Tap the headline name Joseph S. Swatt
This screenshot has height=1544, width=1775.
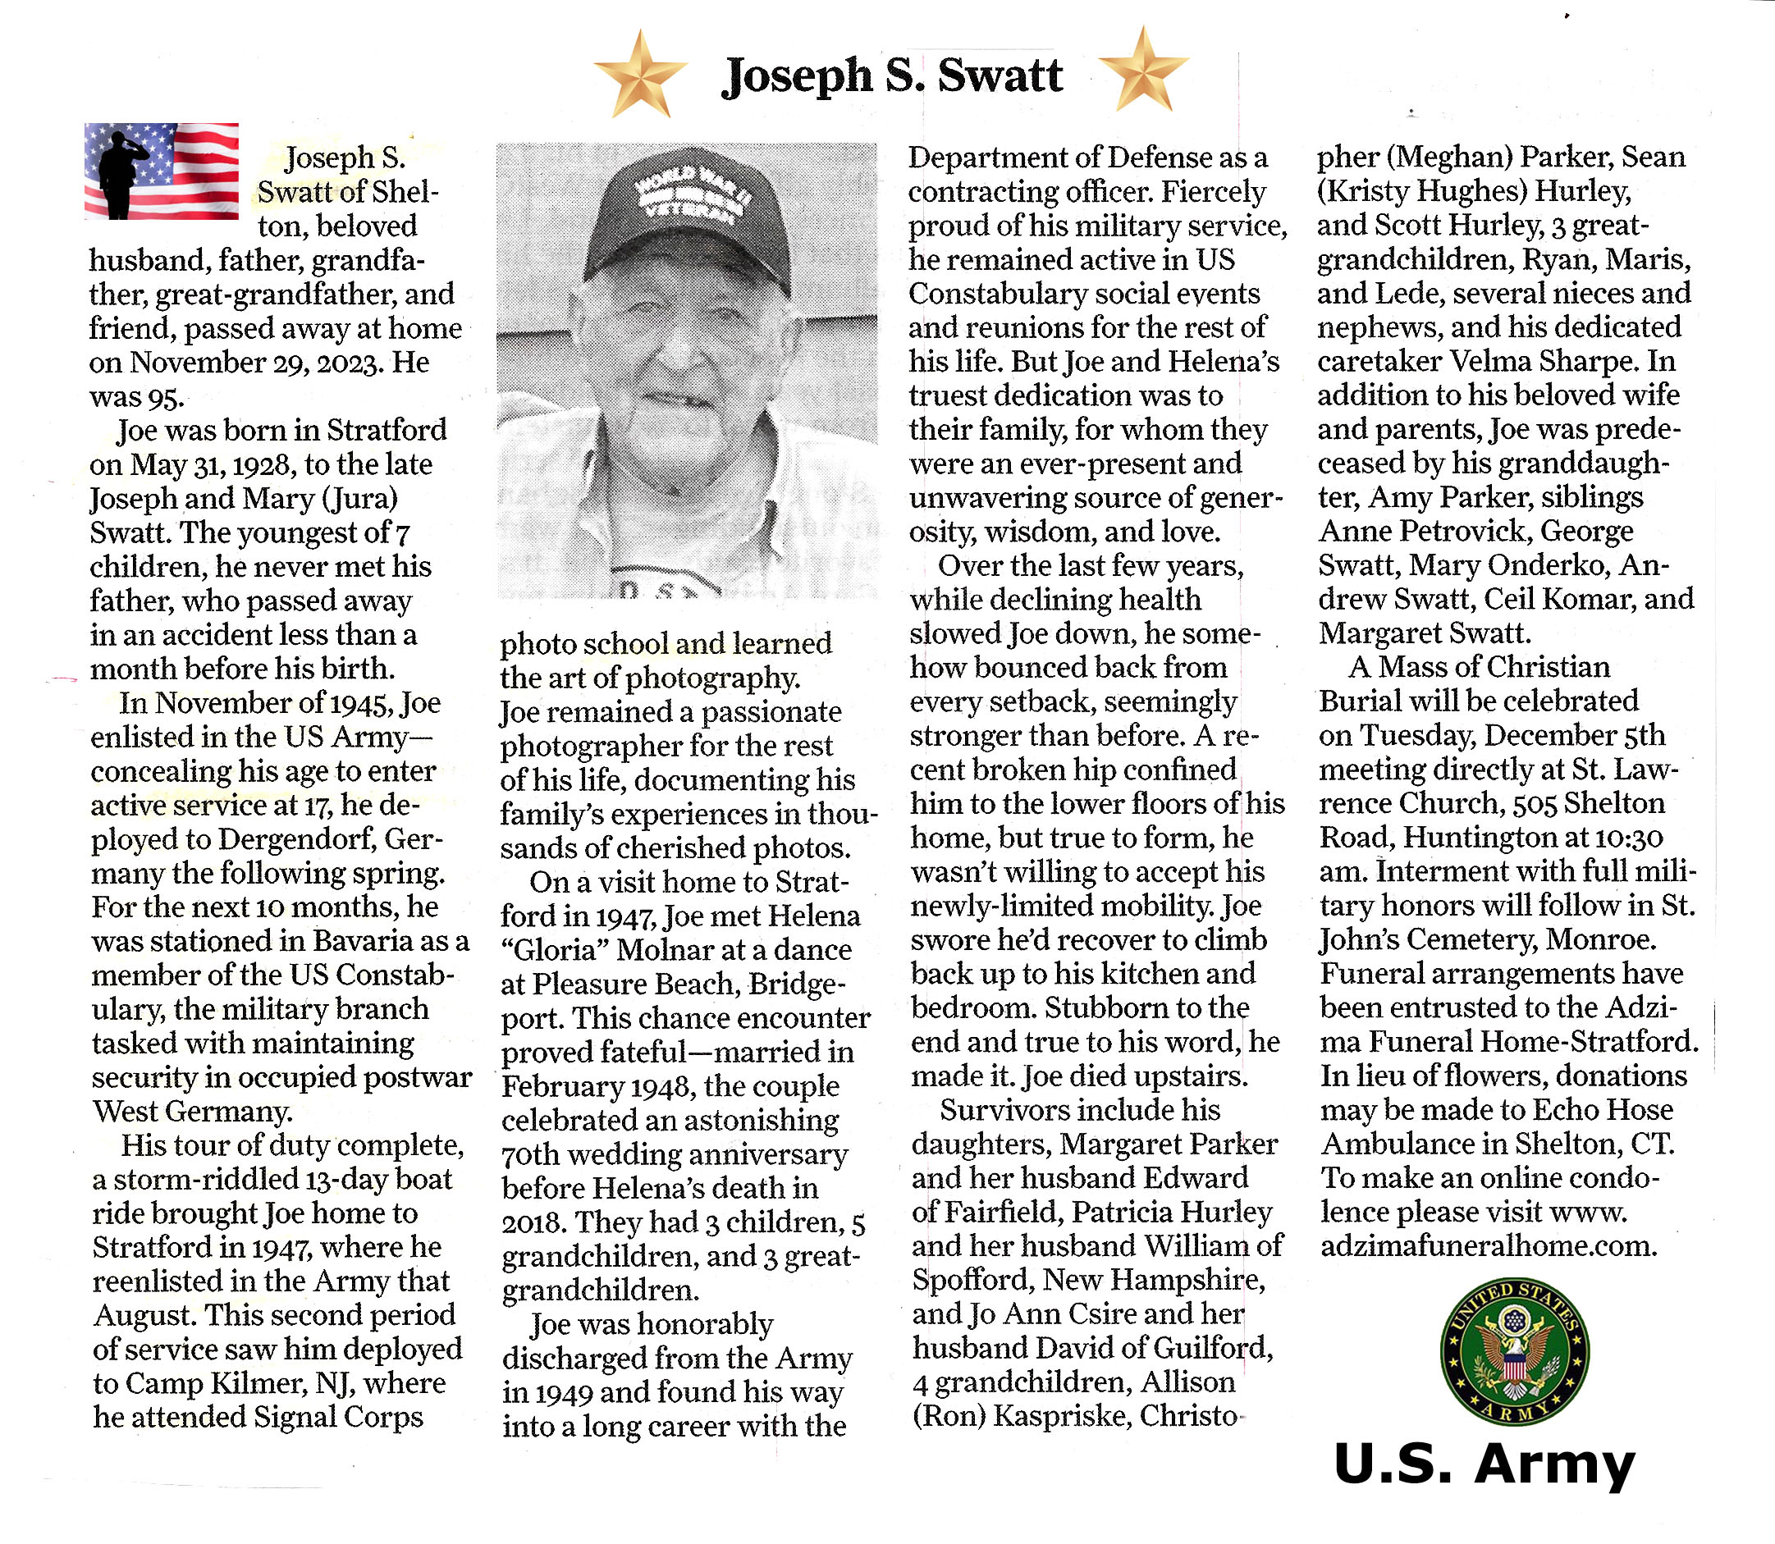(892, 75)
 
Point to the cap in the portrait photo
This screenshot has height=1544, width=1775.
(687, 219)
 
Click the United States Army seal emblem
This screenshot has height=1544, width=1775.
(1515, 1351)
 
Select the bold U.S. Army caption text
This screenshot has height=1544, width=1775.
(1484, 1463)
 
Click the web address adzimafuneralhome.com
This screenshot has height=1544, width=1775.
(1488, 1246)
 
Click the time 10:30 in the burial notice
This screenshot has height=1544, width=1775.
(1631, 838)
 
